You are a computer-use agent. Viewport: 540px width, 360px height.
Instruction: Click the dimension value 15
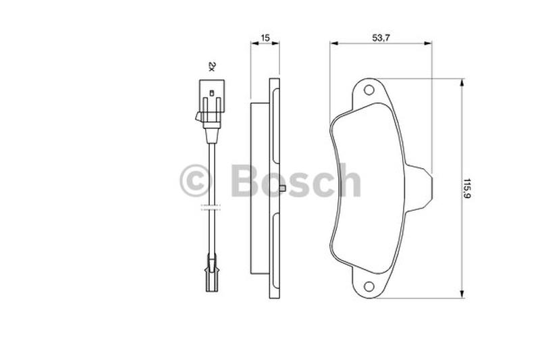(265, 38)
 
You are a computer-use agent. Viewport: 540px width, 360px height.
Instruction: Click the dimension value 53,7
(381, 38)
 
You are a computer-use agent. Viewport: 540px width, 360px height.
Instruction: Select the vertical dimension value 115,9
(467, 188)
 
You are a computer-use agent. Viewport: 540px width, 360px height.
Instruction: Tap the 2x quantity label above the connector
(212, 66)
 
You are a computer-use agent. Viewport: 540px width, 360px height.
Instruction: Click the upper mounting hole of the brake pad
(369, 91)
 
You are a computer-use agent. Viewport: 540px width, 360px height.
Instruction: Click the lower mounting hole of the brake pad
(369, 286)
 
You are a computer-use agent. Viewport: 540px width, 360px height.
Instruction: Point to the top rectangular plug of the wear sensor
(212, 96)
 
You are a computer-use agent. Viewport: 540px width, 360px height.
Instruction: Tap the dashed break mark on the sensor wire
(211, 207)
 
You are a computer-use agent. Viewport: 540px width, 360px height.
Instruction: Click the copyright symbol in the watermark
(195, 180)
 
